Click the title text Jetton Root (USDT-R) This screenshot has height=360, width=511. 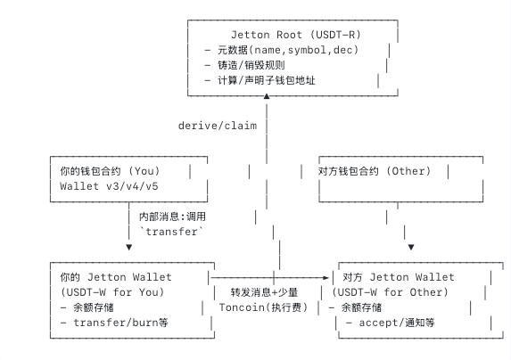tap(296, 35)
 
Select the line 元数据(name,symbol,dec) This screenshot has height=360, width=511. tap(282, 50)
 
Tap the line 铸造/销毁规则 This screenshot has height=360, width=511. tap(244, 65)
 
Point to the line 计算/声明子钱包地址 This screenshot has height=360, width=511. tap(260, 80)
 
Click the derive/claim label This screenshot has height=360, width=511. tap(218, 126)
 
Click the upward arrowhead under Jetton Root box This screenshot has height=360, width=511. tap(267, 96)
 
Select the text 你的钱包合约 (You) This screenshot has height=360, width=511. tap(110, 171)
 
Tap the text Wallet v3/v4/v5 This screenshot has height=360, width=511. tap(109, 186)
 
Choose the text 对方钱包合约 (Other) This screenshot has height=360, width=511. tap(375, 171)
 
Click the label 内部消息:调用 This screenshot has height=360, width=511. tap(172, 217)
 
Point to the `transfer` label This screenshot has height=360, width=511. tap(171, 232)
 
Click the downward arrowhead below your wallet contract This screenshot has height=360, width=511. tap(129, 248)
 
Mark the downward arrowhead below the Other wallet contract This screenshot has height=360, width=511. tap(411, 248)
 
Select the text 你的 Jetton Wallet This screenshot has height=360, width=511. tap(116, 277)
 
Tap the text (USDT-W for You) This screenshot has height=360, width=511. tap(112, 292)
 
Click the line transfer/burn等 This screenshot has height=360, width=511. tap(114, 323)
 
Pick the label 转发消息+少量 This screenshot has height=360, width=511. tap(264, 292)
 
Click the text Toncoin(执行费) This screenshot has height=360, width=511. tap(263, 307)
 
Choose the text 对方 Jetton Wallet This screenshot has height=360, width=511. tap(399, 277)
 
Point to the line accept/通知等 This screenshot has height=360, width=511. tap(391, 323)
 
